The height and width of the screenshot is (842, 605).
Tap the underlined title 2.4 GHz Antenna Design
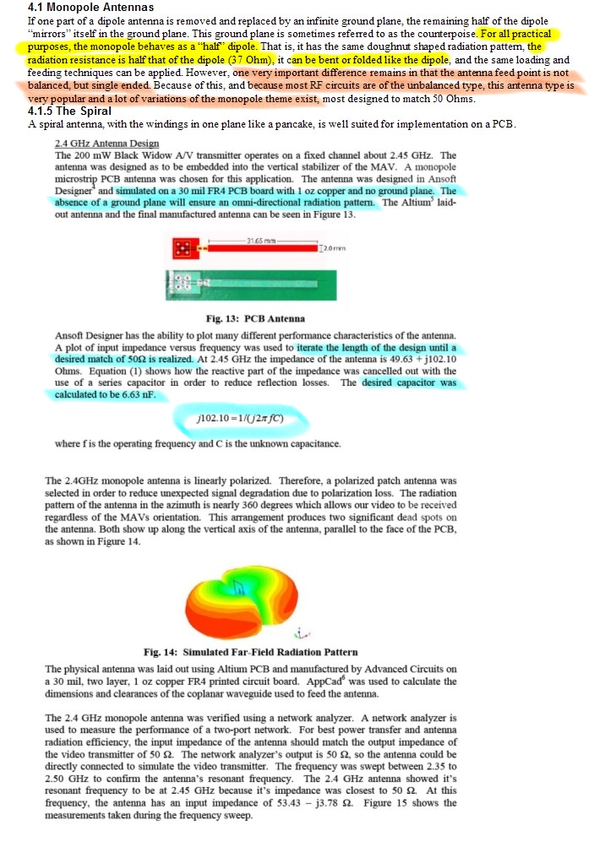(x=106, y=143)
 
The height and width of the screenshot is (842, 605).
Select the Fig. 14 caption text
(x=250, y=651)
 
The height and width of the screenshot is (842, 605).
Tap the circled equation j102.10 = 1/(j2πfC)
(x=237, y=417)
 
